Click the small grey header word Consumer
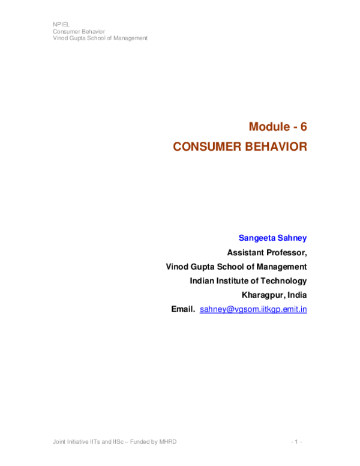click(x=66, y=31)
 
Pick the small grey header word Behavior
click(x=92, y=31)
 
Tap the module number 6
click(x=304, y=127)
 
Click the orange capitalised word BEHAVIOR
click(x=277, y=147)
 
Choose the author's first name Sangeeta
click(x=257, y=238)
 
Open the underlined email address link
click(x=253, y=310)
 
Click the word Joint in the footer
click(x=59, y=442)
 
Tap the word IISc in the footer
click(x=118, y=442)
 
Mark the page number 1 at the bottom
click(x=296, y=442)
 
